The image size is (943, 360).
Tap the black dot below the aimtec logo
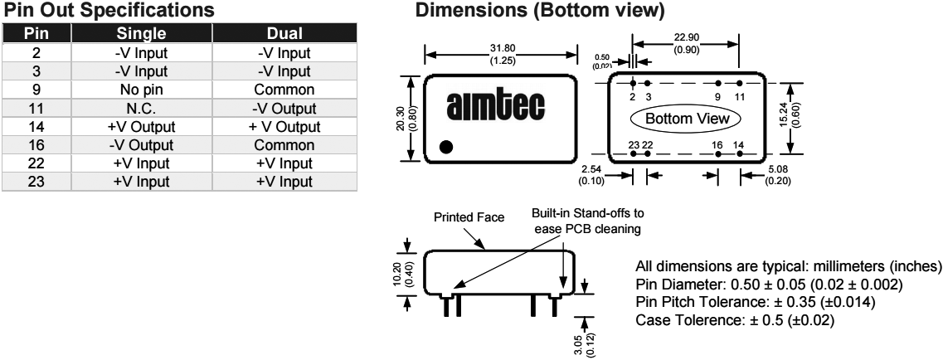click(x=446, y=148)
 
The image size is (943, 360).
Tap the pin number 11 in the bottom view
click(x=741, y=97)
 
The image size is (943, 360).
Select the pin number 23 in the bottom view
click(x=634, y=144)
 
